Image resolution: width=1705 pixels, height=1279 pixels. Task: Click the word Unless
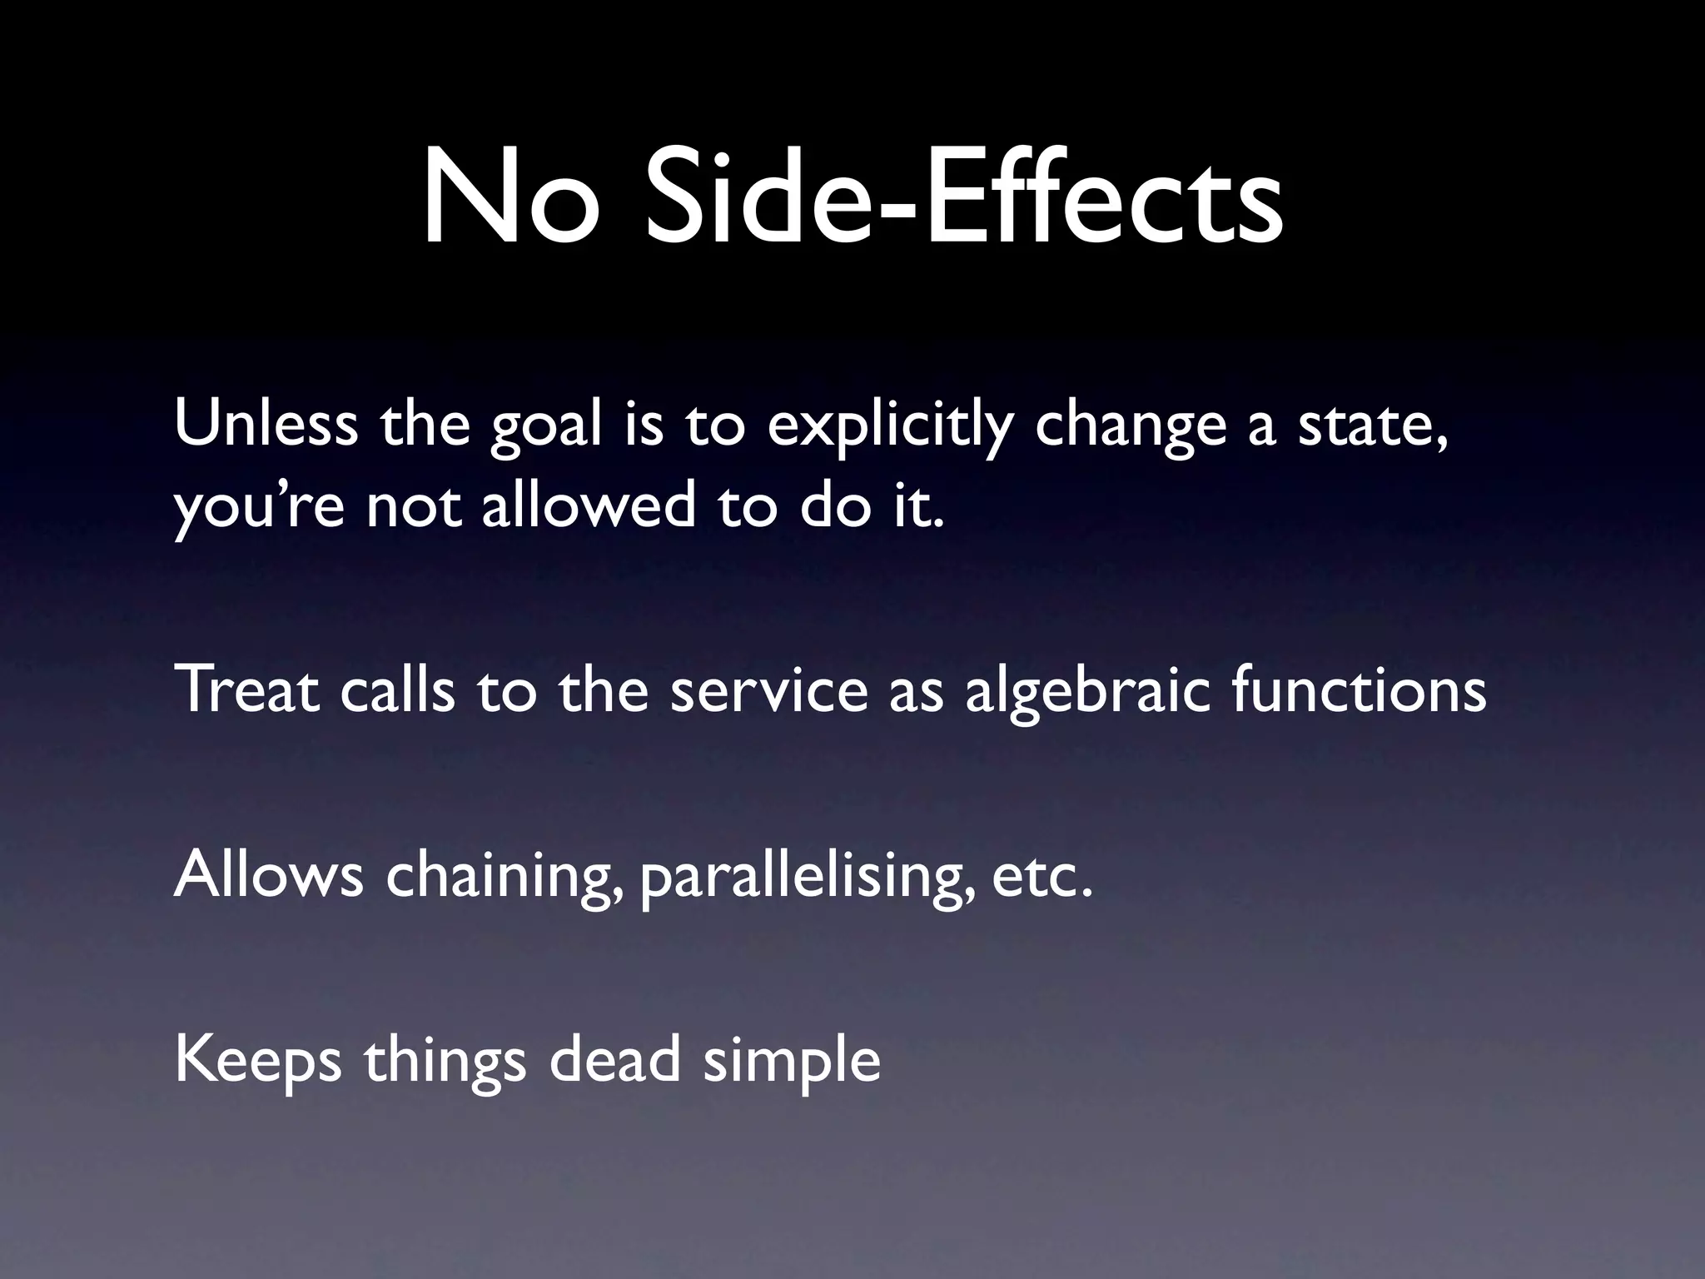pyautogui.click(x=266, y=424)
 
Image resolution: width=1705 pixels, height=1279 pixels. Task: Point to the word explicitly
pyautogui.click(x=890, y=426)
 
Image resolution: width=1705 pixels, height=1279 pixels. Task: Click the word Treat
pyautogui.click(x=247, y=690)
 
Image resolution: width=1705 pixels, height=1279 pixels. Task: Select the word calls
pyautogui.click(x=398, y=690)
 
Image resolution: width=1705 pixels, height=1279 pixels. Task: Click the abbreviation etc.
pyautogui.click(x=1041, y=877)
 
